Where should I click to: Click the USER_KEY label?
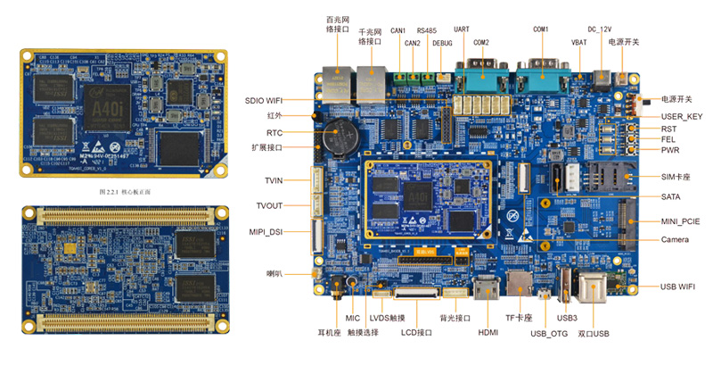coord(681,117)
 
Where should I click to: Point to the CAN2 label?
coord(412,43)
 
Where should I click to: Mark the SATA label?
coord(672,196)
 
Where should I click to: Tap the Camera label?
coord(674,240)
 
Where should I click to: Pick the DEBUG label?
coord(442,43)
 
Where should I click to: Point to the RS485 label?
coord(427,29)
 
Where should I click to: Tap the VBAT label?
coord(578,43)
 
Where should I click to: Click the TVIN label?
coord(273,180)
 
